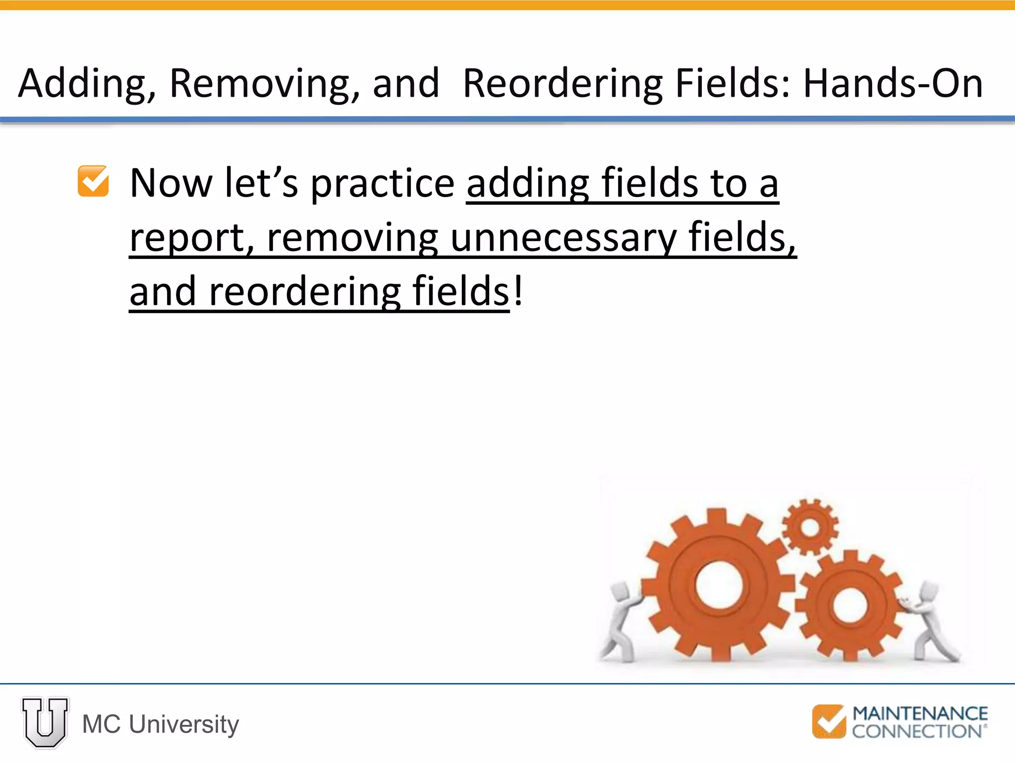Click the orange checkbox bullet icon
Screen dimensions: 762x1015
click(93, 181)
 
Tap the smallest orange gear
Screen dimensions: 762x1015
click(810, 527)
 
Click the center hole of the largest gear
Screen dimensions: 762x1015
click(719, 585)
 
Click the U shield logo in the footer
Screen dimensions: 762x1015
click(45, 723)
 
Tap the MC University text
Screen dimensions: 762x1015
click(161, 724)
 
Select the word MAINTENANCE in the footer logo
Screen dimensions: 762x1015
click(920, 713)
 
